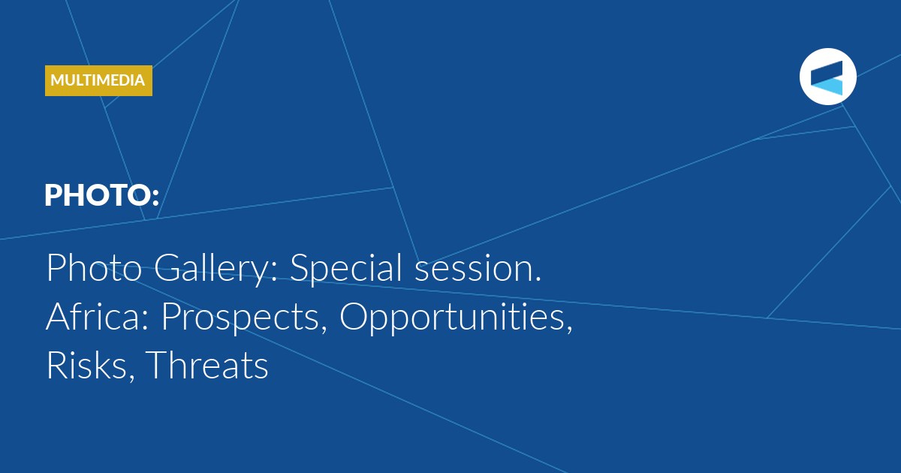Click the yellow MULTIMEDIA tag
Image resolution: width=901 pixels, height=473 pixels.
click(98, 80)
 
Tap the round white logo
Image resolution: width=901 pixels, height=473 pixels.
click(827, 77)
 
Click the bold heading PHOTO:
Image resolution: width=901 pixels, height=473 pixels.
click(102, 195)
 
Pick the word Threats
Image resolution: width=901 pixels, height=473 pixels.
click(206, 365)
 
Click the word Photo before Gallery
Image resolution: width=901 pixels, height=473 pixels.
click(94, 267)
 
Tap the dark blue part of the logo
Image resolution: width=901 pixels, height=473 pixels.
click(827, 71)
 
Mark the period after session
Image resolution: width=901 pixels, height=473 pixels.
click(538, 279)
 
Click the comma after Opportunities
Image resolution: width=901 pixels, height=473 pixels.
click(569, 329)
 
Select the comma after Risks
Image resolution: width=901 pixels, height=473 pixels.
click(131, 377)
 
